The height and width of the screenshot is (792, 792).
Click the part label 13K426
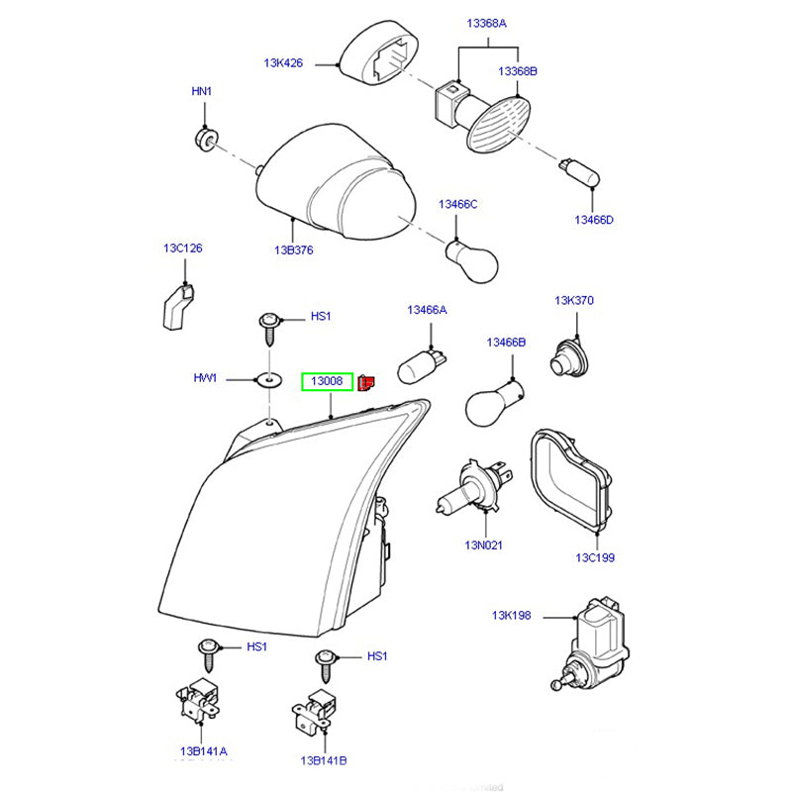282,62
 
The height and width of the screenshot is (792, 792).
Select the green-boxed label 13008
327,381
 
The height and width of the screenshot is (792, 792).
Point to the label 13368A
487,22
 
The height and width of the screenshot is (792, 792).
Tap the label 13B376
294,250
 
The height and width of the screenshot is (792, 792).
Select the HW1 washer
266,380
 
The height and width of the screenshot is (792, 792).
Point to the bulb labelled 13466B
490,401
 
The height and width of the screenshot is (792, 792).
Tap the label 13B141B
324,760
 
